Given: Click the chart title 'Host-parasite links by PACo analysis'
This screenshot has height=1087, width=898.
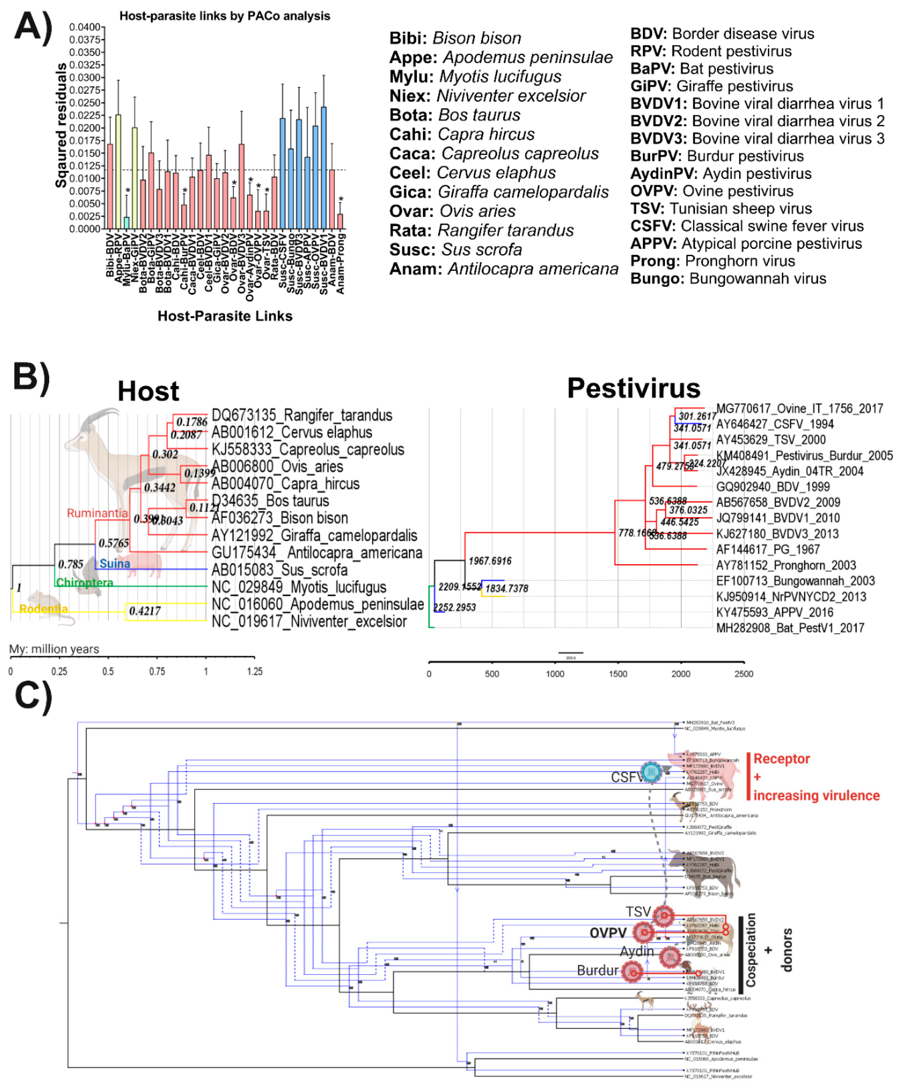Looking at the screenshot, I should click(224, 16).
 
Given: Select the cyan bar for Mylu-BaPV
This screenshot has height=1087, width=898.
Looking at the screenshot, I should click(126, 222).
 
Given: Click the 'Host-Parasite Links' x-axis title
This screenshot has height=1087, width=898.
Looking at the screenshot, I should click(225, 316).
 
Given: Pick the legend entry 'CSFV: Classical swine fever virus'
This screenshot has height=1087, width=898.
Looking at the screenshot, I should click(746, 226).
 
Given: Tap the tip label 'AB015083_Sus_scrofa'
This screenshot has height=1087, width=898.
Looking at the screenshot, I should click(279, 570).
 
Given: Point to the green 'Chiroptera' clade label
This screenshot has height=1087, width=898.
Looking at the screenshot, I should click(84, 583).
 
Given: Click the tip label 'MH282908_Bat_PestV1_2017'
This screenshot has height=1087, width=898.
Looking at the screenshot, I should click(790, 628).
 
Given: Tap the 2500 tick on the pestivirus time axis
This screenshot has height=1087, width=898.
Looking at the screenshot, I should click(743, 674).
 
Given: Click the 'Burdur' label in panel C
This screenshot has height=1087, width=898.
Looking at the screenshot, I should click(597, 970).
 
